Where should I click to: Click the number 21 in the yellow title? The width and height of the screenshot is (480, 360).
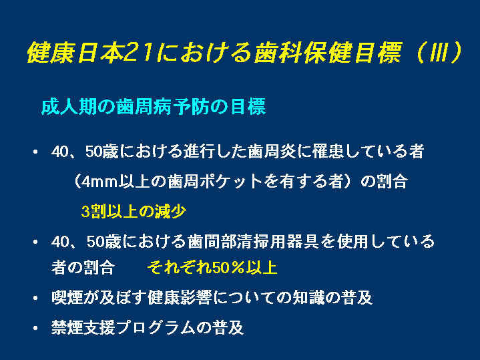point(139,52)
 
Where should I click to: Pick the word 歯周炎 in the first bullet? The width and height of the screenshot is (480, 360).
point(272,152)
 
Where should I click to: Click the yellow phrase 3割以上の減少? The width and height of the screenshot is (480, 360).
point(134,211)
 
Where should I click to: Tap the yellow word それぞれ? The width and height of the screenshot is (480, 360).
point(180,267)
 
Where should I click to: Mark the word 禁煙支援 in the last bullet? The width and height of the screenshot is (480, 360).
point(83,327)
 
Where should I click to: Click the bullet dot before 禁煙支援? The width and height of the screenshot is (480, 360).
point(35,328)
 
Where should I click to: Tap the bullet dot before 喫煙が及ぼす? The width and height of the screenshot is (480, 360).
point(35,298)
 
